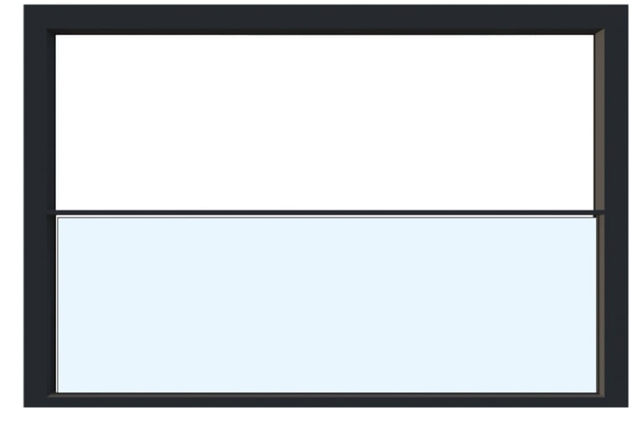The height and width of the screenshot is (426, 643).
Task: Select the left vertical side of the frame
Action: pos(39,209)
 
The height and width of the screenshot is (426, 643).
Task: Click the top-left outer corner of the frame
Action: pos(24,6)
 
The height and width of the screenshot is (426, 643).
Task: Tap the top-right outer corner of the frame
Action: pos(627,6)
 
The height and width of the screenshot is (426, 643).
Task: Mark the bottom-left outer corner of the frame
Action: pos(24,407)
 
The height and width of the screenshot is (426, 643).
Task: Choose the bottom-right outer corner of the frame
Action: pos(627,407)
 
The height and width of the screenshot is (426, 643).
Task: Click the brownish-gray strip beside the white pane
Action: pos(599,121)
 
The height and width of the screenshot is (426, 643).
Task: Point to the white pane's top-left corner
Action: pos(56,35)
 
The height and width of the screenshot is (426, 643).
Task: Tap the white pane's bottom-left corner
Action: pos(56,209)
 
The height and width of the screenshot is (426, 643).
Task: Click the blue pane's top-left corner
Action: pos(58,218)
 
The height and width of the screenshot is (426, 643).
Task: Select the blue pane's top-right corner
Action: pos(595,218)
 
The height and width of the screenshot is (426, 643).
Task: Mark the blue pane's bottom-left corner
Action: pos(58,391)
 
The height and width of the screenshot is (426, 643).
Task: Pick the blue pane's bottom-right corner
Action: pos(595,391)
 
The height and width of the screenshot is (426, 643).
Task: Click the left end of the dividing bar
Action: pos(57,213)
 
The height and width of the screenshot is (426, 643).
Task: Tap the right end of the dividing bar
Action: pos(601,213)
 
